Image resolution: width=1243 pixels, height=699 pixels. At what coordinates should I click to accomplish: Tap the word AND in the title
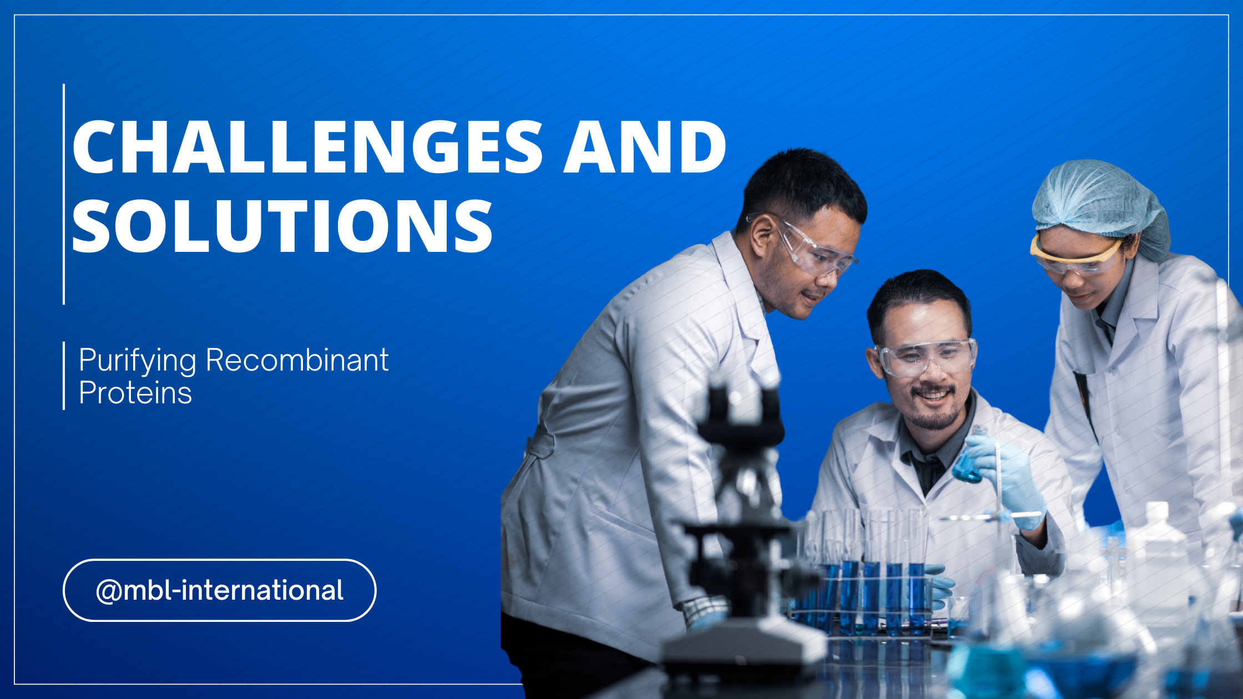pos(645,147)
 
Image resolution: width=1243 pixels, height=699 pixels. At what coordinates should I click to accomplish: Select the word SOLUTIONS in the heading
pos(282,226)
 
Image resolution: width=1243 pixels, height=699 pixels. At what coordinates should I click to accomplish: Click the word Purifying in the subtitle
pos(137,361)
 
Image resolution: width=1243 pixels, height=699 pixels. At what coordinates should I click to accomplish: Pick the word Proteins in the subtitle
pos(135,393)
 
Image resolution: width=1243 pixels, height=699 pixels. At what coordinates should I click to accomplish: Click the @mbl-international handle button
pos(220,590)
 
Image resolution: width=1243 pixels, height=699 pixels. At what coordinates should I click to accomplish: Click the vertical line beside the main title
pos(64,194)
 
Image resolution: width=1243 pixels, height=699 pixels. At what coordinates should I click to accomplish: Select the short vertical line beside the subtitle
pos(64,376)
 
